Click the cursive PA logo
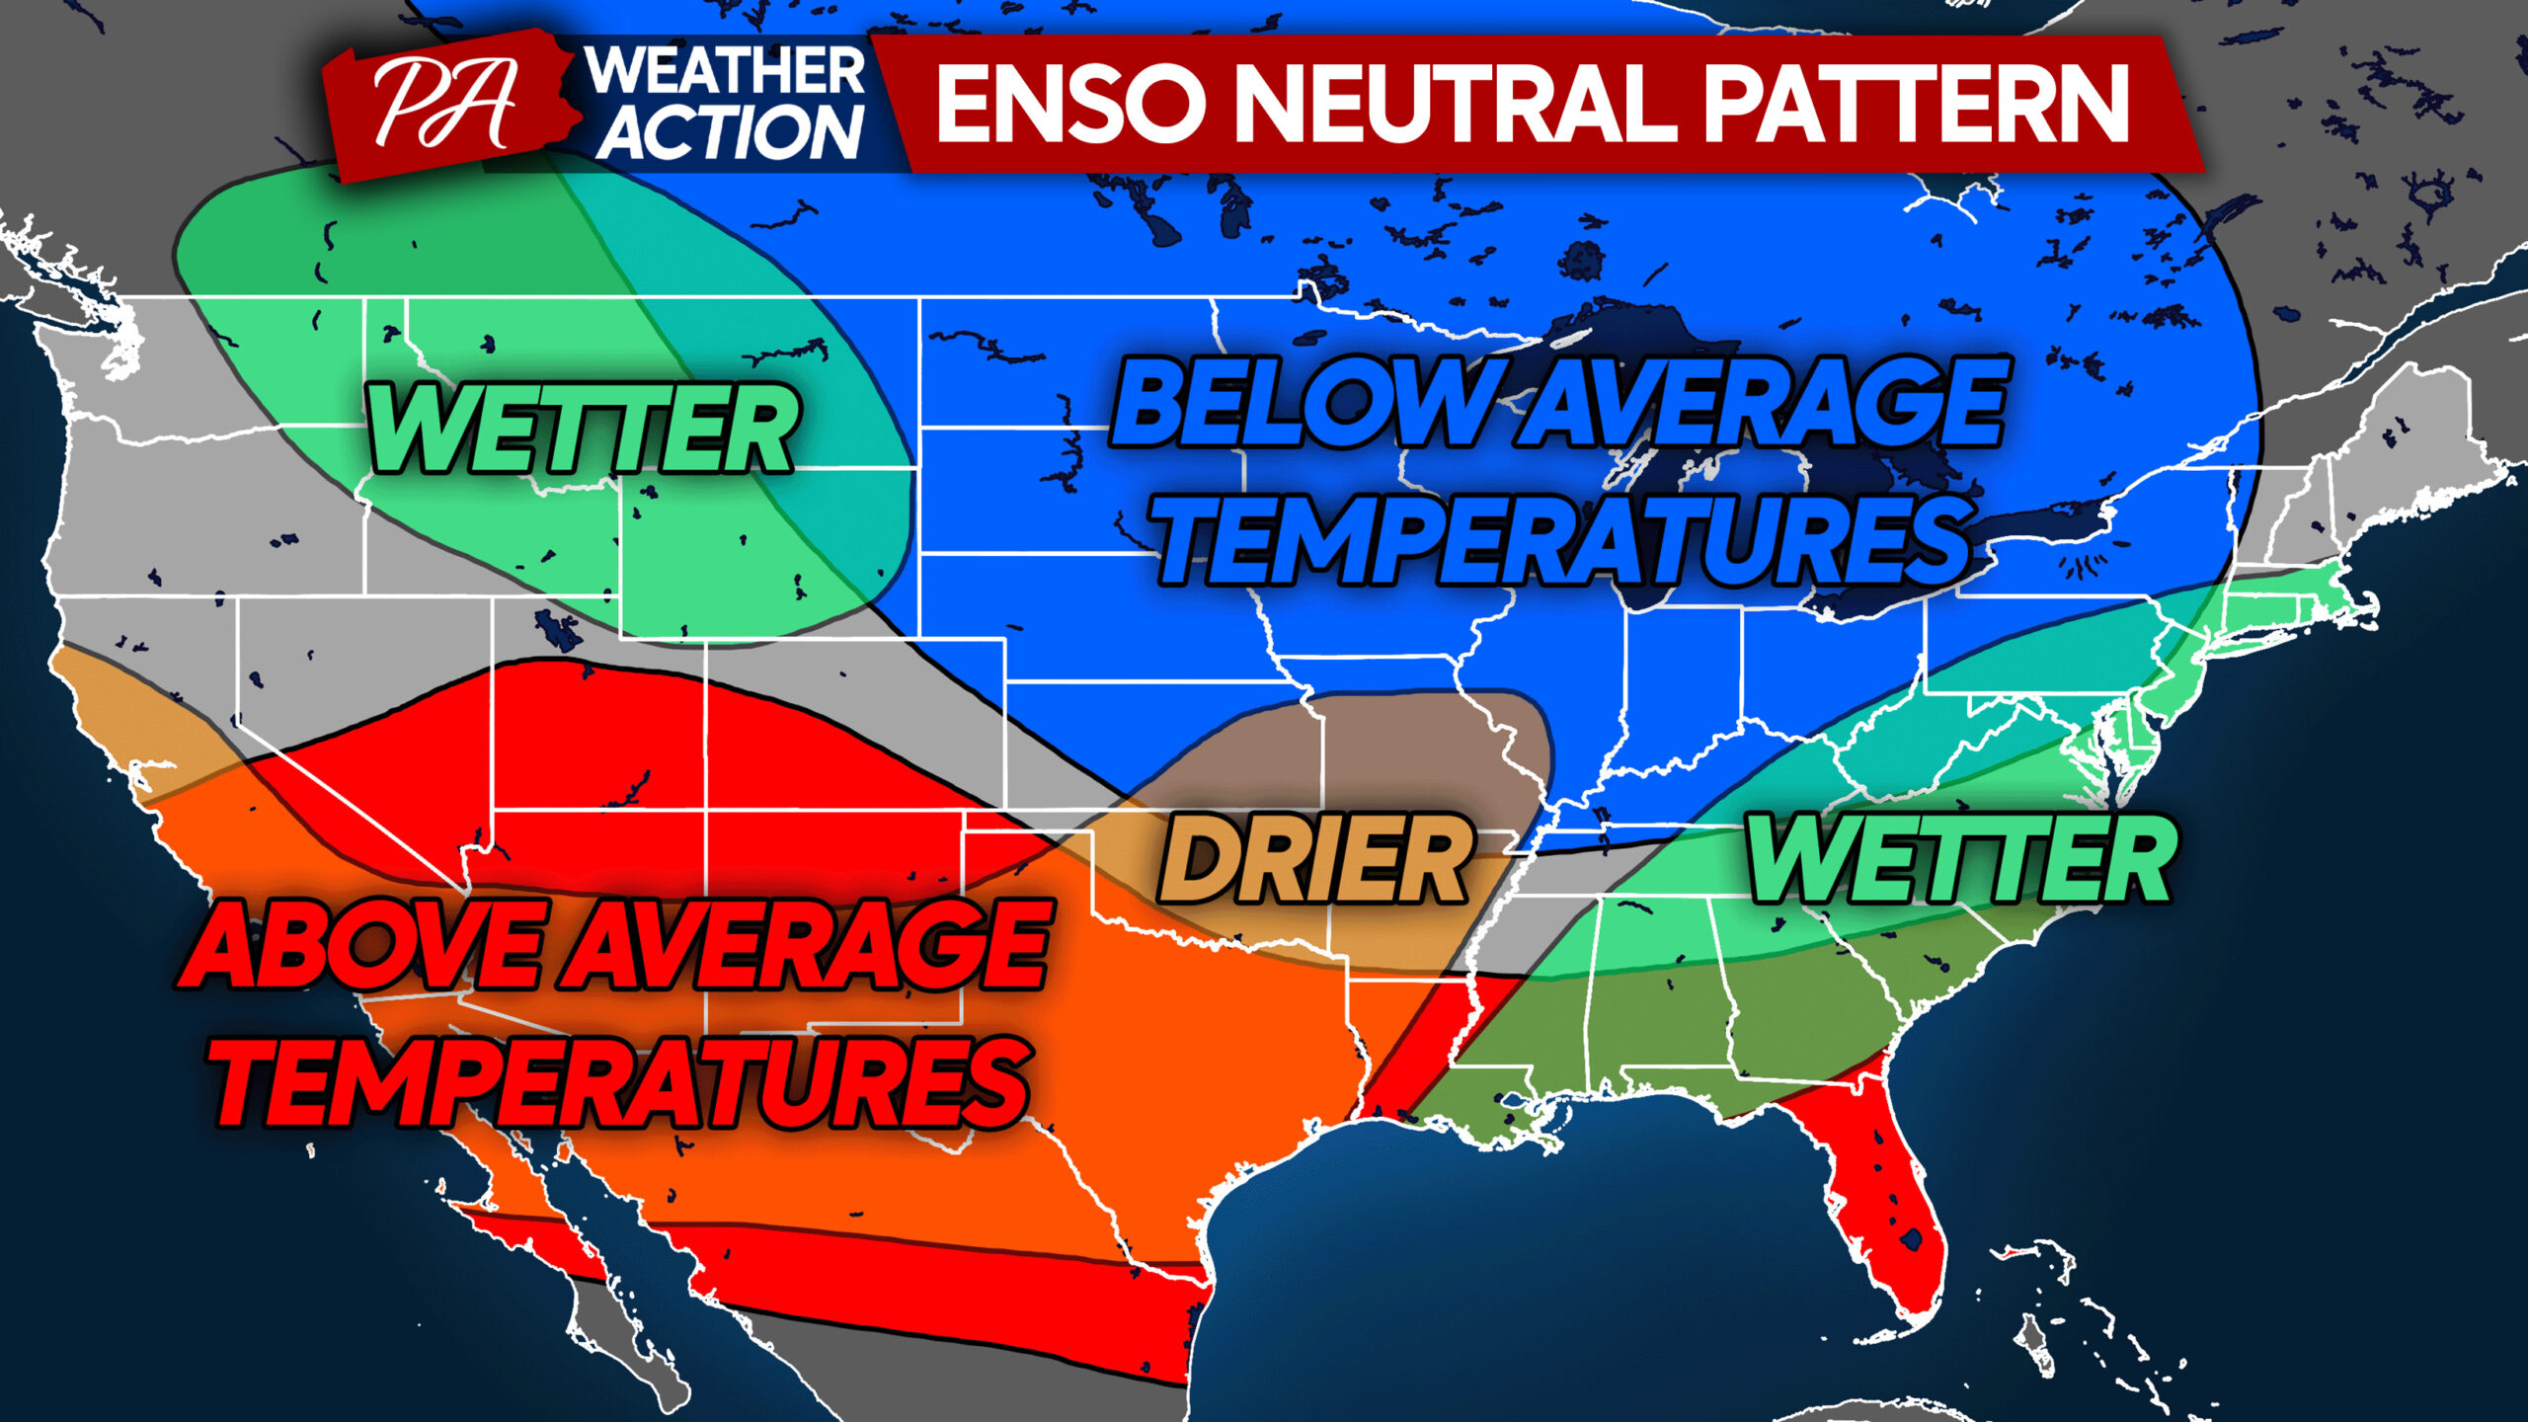(446, 103)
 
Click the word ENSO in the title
(1070, 103)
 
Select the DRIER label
(1314, 859)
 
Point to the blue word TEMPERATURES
(1565, 538)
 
